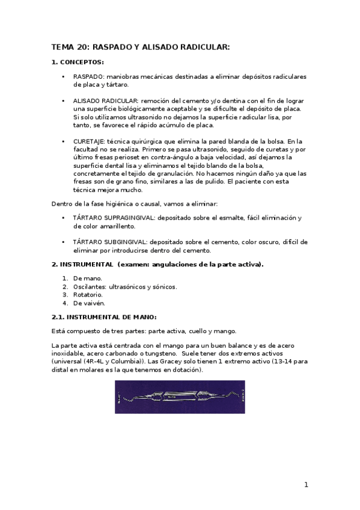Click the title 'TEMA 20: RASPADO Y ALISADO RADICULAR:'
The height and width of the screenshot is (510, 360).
(x=141, y=46)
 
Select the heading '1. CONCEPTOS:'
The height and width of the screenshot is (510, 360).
(x=78, y=62)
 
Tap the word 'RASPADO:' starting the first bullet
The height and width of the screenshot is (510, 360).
(x=88, y=77)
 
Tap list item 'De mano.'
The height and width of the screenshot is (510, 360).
(x=88, y=278)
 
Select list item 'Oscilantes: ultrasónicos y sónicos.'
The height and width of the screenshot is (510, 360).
(x=125, y=287)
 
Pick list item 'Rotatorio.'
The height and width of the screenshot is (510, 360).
(x=88, y=295)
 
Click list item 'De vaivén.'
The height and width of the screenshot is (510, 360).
(x=89, y=303)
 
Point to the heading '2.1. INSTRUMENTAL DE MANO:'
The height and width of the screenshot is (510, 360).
(x=104, y=317)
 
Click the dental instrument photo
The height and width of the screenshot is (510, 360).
(x=180, y=396)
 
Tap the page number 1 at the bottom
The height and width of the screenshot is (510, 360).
(x=306, y=485)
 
